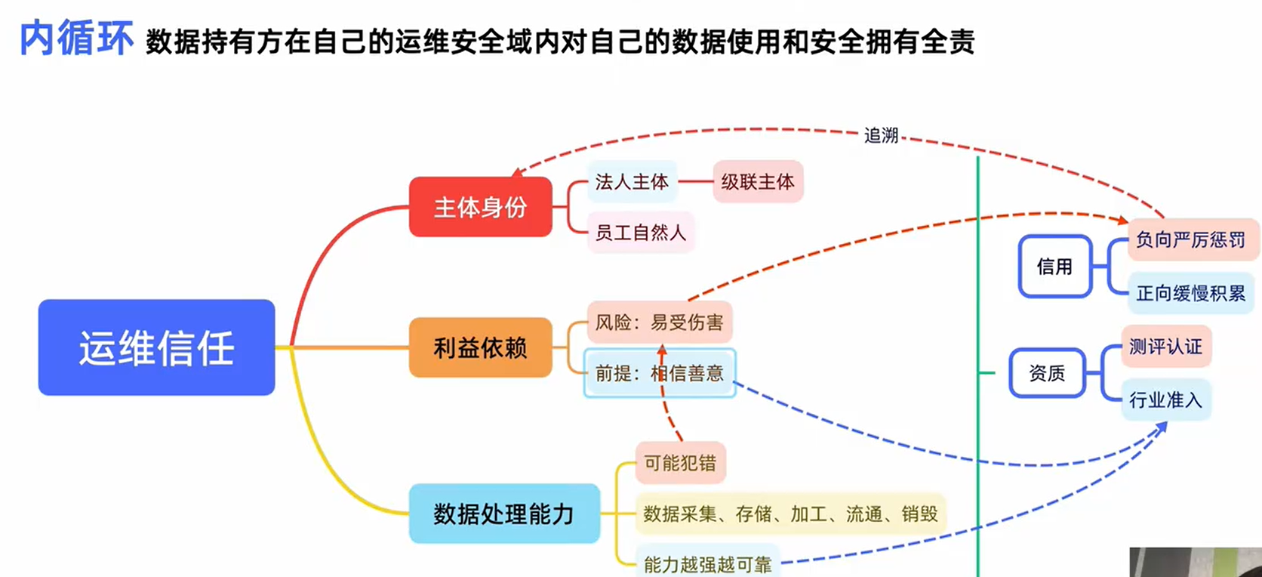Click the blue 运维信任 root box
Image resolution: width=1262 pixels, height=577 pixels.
pyautogui.click(x=156, y=347)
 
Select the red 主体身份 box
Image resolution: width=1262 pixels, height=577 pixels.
pyautogui.click(x=480, y=207)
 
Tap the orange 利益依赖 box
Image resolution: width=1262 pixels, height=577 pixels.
pyautogui.click(x=480, y=347)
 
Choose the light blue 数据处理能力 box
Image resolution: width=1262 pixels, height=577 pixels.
pyautogui.click(x=503, y=514)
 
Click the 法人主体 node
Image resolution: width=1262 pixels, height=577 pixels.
pyautogui.click(x=632, y=182)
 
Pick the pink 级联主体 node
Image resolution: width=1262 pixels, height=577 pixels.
pyautogui.click(x=758, y=182)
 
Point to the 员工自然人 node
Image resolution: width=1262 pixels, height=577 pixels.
pyautogui.click(x=640, y=233)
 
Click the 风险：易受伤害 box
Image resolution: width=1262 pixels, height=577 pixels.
pyautogui.click(x=659, y=322)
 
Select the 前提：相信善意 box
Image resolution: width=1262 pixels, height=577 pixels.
pyautogui.click(x=659, y=373)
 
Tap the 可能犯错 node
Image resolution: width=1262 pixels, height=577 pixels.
pyautogui.click(x=680, y=463)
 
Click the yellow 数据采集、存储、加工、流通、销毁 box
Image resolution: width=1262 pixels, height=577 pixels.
pyautogui.click(x=790, y=514)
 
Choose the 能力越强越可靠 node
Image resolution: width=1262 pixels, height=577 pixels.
pyautogui.click(x=707, y=563)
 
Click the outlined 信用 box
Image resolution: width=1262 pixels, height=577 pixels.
pyautogui.click(x=1054, y=267)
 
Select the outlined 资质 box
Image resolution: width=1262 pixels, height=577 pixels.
pyautogui.click(x=1047, y=373)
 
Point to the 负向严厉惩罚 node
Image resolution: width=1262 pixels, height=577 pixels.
pyautogui.click(x=1190, y=240)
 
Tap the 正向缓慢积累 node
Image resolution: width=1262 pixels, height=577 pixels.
pyautogui.click(x=1190, y=293)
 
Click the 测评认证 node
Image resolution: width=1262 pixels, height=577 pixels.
pyautogui.click(x=1165, y=347)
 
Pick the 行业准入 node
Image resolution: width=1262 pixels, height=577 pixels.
pyautogui.click(x=1165, y=400)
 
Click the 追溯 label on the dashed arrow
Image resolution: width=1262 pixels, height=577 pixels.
pyautogui.click(x=881, y=136)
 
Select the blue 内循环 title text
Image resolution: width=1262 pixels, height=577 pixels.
pyautogui.click(x=76, y=39)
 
